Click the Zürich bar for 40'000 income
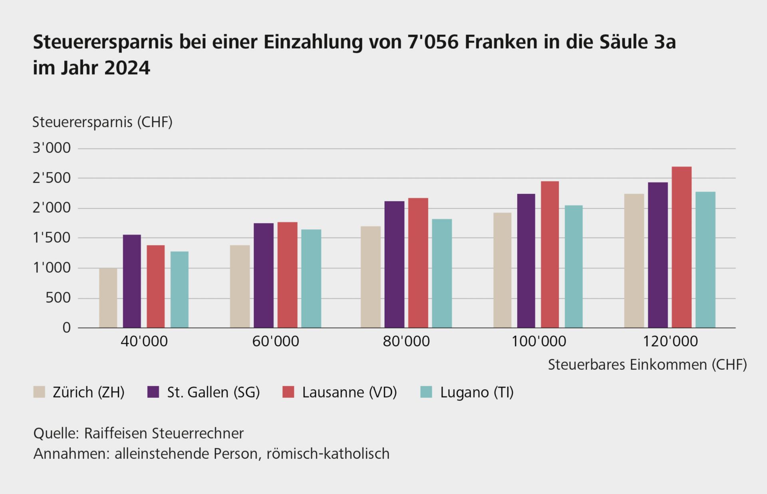pyautogui.click(x=108, y=298)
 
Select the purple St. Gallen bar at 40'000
pyautogui.click(x=132, y=281)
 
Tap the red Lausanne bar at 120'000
pyautogui.click(x=682, y=247)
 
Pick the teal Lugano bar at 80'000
pyautogui.click(x=442, y=273)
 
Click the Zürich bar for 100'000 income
pyautogui.click(x=502, y=270)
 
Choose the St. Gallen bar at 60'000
pyautogui.click(x=264, y=275)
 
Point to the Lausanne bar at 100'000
pyautogui.click(x=550, y=254)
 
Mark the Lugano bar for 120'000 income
pyautogui.click(x=705, y=260)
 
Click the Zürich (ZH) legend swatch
pyautogui.click(x=39, y=392)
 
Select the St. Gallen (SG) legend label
pyautogui.click(x=213, y=392)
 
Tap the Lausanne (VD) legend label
pyautogui.click(x=349, y=392)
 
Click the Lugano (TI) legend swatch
pyautogui.click(x=427, y=392)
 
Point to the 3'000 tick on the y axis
pyautogui.click(x=52, y=148)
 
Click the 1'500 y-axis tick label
pyautogui.click(x=52, y=238)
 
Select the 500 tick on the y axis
pyautogui.click(x=58, y=298)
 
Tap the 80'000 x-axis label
pyautogui.click(x=406, y=341)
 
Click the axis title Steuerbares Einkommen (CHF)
pyautogui.click(x=647, y=365)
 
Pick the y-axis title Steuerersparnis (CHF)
pyautogui.click(x=102, y=122)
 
